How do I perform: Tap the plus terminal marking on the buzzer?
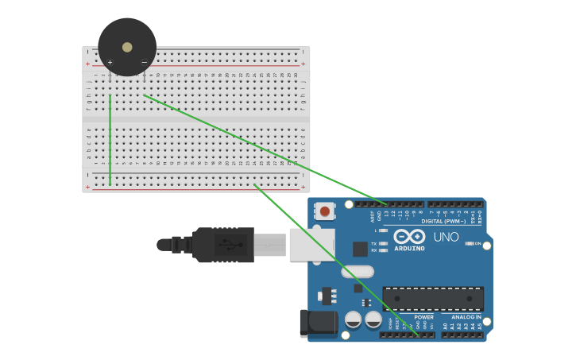[110, 62]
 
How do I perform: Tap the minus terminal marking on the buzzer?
[144, 62]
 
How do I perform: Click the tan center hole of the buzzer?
[127, 47]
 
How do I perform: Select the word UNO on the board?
[446, 237]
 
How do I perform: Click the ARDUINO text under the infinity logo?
[409, 248]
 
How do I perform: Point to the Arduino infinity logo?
[409, 236]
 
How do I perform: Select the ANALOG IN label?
[462, 317]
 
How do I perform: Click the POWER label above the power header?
[423, 317]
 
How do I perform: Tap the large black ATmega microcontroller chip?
[433, 299]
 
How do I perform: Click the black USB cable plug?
[222, 245]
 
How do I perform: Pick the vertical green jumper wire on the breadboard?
[110, 139]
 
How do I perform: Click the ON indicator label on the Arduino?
[478, 243]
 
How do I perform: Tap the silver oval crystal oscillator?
[358, 272]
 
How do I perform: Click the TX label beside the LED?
[373, 243]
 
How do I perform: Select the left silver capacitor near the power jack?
[353, 319]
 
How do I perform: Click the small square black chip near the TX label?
[360, 249]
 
